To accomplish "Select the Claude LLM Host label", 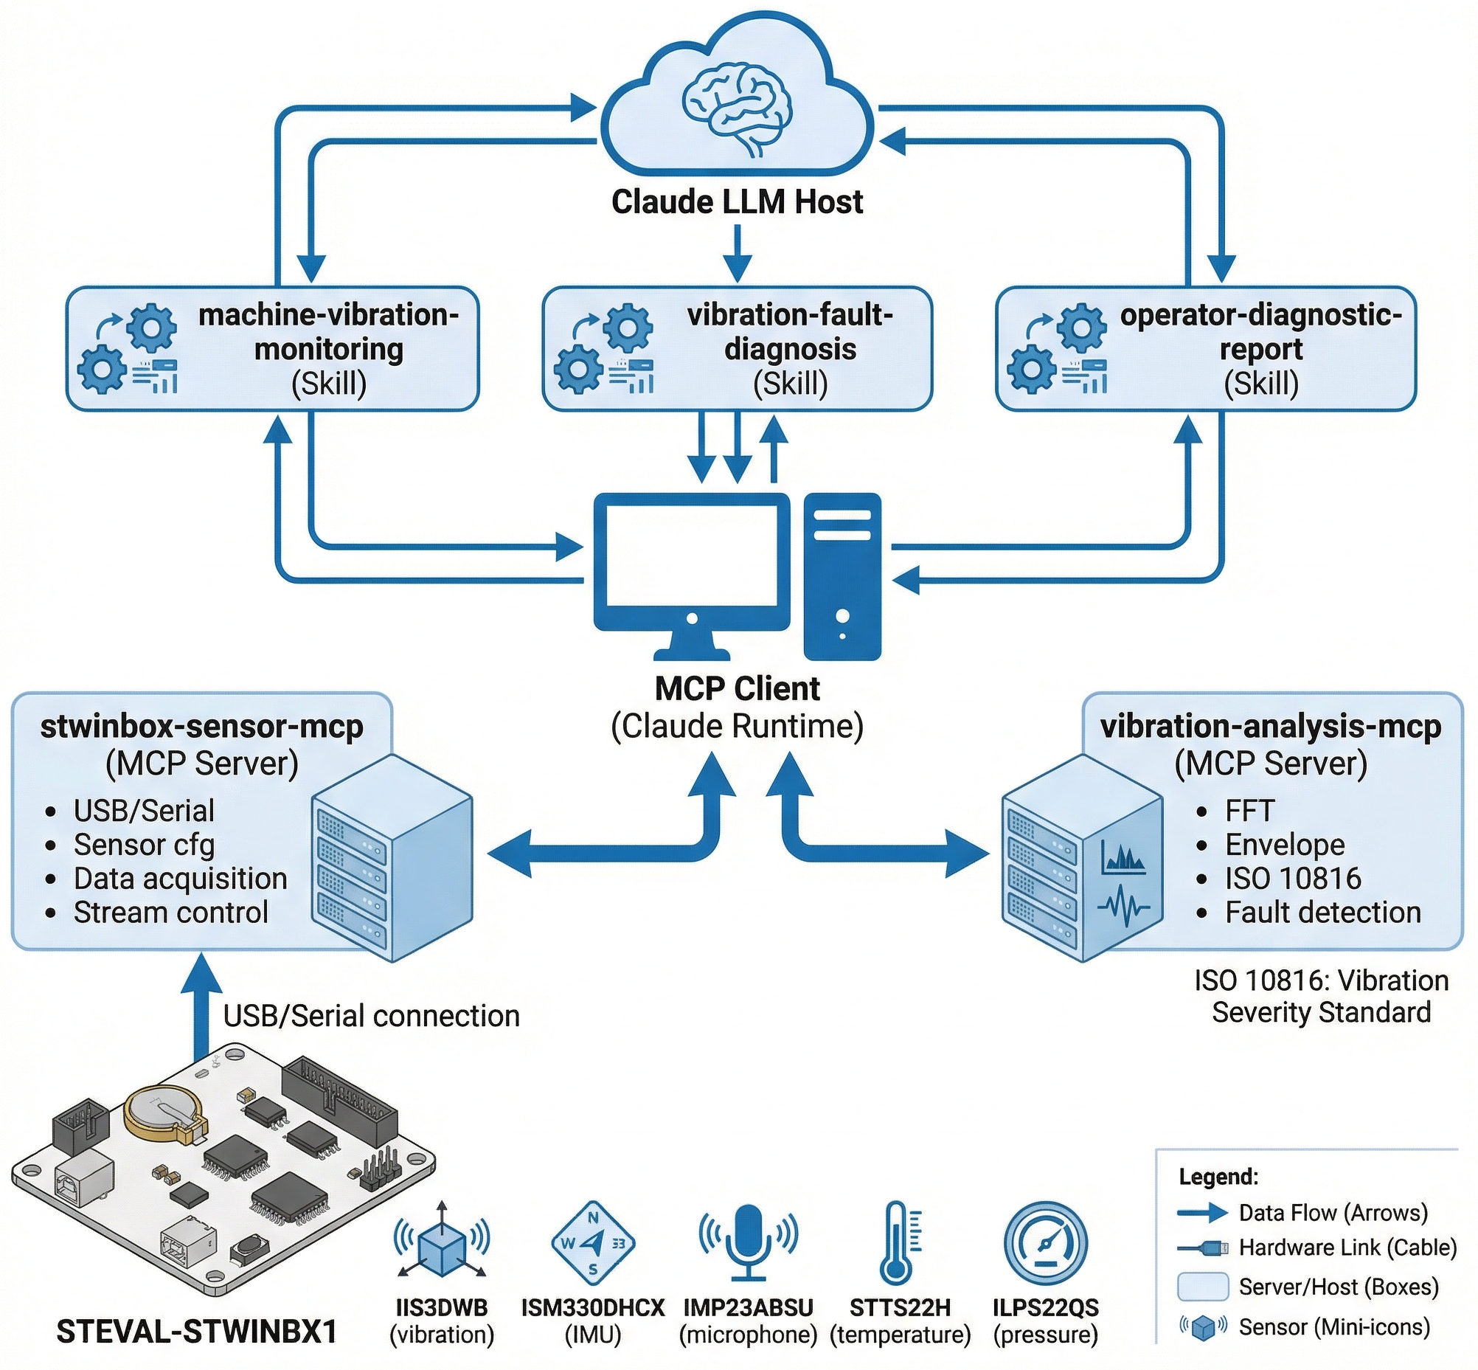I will point(737,201).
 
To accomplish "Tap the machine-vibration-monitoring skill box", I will point(273,348).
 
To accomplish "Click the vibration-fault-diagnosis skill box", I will point(737,348).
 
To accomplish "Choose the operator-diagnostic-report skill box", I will point(1205,348).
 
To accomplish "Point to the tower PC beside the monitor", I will point(842,576).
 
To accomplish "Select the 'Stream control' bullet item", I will point(170,913).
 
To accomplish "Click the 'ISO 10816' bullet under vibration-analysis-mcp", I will point(1293,879).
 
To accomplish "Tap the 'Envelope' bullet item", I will point(1285,845).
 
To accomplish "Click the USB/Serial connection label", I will point(372,1016).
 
